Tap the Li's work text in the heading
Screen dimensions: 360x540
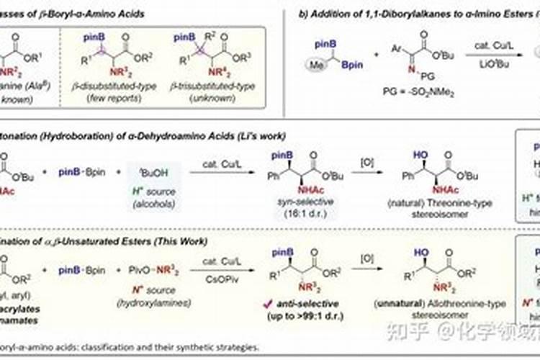click(260, 135)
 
